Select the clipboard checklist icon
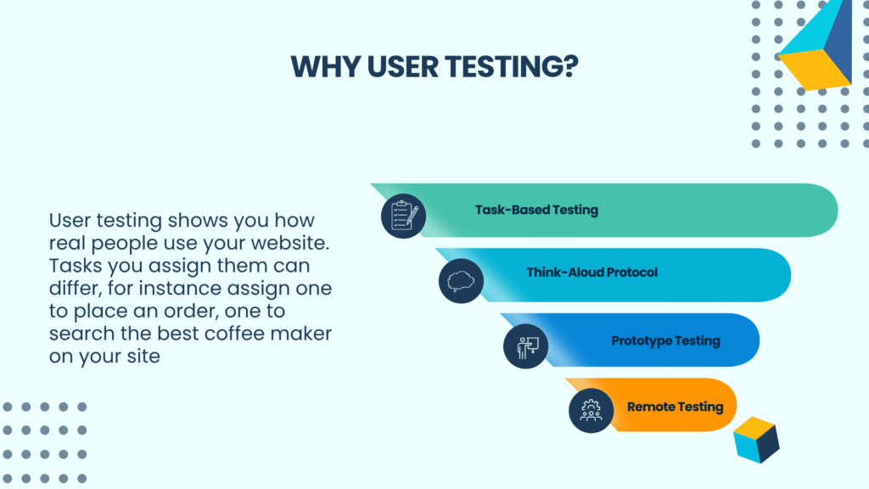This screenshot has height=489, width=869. click(403, 216)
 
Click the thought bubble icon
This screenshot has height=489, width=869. click(461, 281)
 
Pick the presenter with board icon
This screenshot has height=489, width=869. click(526, 346)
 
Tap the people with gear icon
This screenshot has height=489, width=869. click(591, 411)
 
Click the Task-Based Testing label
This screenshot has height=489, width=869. click(536, 211)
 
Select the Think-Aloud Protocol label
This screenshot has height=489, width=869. click(591, 273)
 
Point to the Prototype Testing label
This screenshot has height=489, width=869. click(665, 341)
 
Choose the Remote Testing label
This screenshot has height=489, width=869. click(675, 407)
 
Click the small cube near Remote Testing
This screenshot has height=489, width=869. click(756, 440)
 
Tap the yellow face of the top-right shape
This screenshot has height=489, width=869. click(812, 70)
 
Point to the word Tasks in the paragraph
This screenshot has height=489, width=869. click(76, 266)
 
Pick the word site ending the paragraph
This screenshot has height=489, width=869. click(143, 356)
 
